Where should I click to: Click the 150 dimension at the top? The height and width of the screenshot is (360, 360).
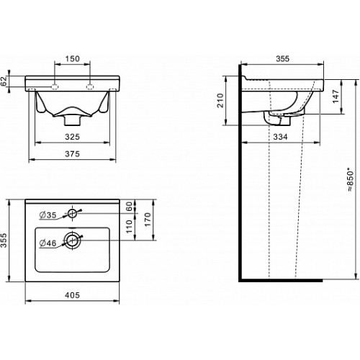(72, 58)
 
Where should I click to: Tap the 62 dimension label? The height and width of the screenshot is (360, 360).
(4, 81)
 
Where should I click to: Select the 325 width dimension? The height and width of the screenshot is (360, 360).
(72, 137)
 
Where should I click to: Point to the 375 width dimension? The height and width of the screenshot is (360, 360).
(72, 154)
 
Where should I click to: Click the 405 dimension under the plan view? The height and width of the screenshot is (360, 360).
(72, 295)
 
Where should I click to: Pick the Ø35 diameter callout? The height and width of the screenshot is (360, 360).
(48, 215)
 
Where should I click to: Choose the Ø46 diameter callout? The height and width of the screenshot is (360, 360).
(48, 243)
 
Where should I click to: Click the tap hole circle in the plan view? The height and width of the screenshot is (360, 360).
(72, 213)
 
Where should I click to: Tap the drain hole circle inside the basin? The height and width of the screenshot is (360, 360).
(72, 240)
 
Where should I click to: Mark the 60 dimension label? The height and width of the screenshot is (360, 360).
(130, 206)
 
